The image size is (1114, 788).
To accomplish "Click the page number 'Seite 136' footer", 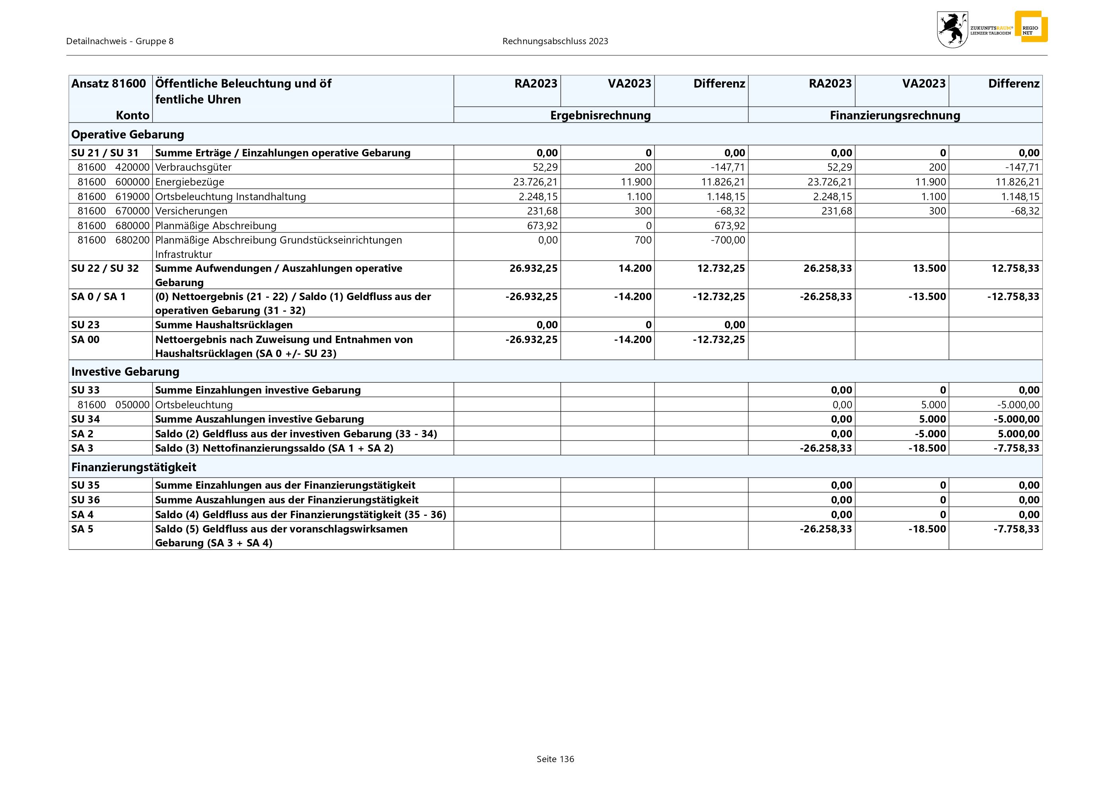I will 555,759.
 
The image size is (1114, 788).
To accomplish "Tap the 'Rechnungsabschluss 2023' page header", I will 555,41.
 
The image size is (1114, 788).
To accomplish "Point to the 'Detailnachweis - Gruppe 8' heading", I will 120,41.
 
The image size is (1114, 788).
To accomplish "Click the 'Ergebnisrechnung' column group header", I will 600,115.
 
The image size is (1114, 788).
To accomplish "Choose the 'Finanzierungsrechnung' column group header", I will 895,115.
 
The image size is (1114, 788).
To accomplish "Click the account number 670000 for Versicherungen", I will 132,211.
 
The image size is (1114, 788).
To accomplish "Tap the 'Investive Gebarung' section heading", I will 125,372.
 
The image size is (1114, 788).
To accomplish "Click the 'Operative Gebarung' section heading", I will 128,135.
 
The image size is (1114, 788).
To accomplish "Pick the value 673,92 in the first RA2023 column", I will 542,226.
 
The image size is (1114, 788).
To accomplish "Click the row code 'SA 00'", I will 86,339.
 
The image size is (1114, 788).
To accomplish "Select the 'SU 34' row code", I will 86,419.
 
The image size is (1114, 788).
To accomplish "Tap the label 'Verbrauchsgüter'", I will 193,168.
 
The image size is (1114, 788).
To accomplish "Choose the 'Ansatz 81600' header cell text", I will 108,84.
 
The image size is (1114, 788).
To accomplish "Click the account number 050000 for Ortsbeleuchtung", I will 132,405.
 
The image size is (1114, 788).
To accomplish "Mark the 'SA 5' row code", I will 82,529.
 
